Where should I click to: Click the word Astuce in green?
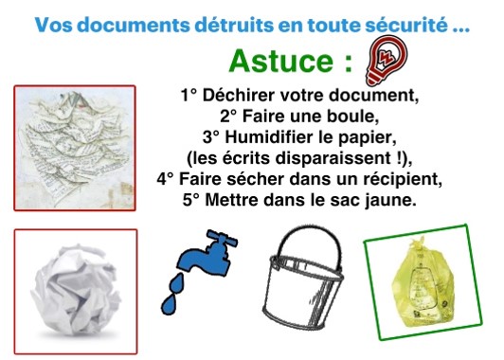point(281,61)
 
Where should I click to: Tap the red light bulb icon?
point(387,60)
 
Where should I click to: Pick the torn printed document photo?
point(75,148)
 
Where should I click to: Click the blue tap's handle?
point(223,238)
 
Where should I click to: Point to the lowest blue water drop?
point(169,304)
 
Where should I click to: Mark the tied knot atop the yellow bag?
point(416,243)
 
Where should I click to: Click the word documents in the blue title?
point(134,25)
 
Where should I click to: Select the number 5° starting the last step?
point(191,200)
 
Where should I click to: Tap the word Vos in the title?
point(53,25)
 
